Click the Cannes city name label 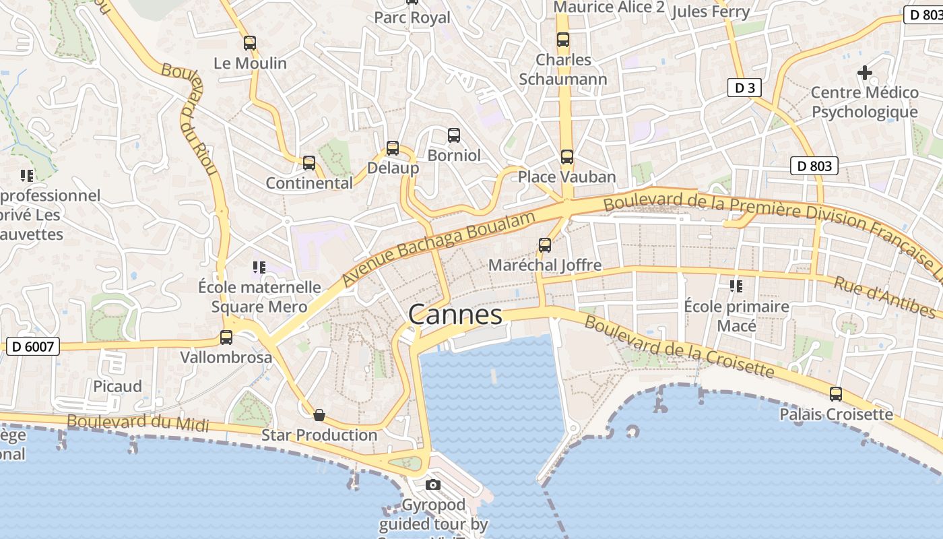point(455,315)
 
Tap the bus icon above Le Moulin point(250,43)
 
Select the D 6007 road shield point(33,347)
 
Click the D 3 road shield point(744,88)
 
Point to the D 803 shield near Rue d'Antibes point(814,166)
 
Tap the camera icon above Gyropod point(433,484)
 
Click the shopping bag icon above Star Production point(319,415)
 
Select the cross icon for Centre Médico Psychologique point(865,73)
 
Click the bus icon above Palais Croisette point(836,394)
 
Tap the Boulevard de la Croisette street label point(679,347)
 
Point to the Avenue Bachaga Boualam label point(438,248)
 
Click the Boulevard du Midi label point(138,422)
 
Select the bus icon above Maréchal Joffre point(545,245)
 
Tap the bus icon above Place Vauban point(567,157)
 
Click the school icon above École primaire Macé point(736,286)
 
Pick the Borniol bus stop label point(455,156)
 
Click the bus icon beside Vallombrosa point(226,338)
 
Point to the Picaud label point(118,386)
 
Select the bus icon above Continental point(309,163)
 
